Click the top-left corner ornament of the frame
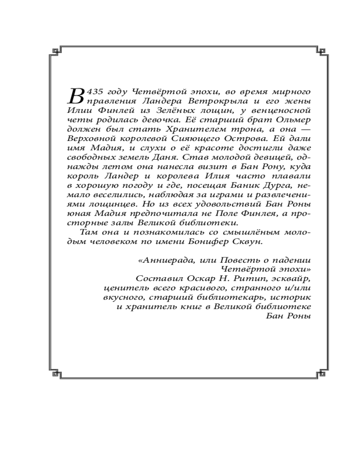(56, 50)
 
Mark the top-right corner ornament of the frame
(320, 50)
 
